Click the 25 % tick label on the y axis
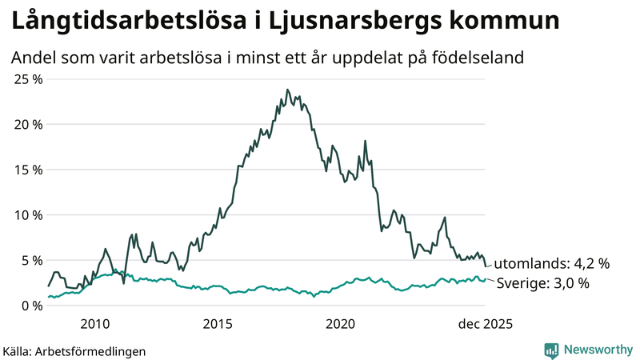[26, 79]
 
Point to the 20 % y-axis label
[26, 125]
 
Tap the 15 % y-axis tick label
[26, 170]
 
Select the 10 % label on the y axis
[26, 215]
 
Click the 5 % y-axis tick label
[30, 260]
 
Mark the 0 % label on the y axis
[30, 306]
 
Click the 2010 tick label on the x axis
[94, 324]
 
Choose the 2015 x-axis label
[218, 324]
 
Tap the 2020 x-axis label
[341, 324]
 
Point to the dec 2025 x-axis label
[482, 324]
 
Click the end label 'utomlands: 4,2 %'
[551, 263]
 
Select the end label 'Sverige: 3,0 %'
[543, 283]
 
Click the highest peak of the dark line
[286, 90]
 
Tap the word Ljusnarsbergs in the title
[344, 22]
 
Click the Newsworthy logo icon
[551, 350]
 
